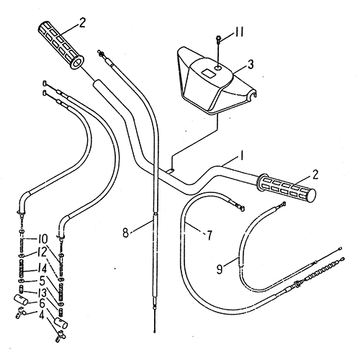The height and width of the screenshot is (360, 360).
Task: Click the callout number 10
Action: click(42, 238)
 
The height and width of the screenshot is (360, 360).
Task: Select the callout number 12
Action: click(42, 252)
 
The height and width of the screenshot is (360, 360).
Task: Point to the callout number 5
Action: click(42, 280)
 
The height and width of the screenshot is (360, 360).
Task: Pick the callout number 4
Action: click(42, 315)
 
